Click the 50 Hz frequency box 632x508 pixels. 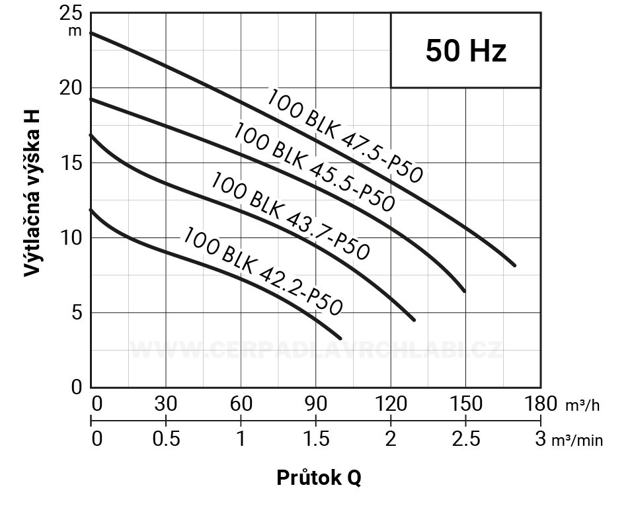[x=465, y=51]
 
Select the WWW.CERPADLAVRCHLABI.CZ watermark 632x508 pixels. [x=316, y=350]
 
